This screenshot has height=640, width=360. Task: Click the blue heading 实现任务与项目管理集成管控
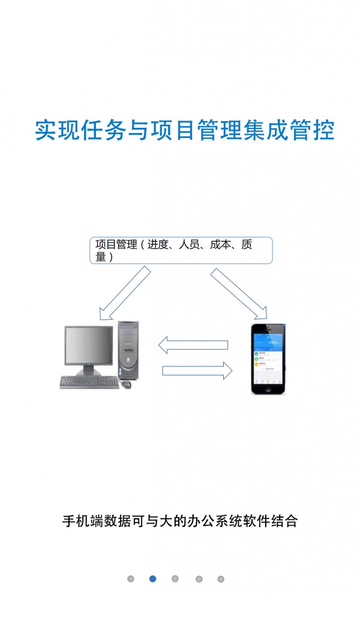pyautogui.click(x=184, y=131)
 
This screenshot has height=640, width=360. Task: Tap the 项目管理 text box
pyautogui.click(x=181, y=250)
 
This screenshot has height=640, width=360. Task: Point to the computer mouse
pyautogui.click(x=127, y=384)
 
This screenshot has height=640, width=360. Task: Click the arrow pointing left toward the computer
pyautogui.click(x=193, y=345)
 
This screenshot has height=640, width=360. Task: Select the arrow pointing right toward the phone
pyautogui.click(x=197, y=370)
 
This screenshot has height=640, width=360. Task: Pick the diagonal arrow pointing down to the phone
pyautogui.click(x=238, y=293)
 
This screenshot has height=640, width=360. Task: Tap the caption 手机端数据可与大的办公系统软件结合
pyautogui.click(x=180, y=521)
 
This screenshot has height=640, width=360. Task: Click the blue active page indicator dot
pyautogui.click(x=152, y=579)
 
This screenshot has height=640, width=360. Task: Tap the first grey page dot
pyautogui.click(x=130, y=579)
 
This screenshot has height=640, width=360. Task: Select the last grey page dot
pyautogui.click(x=221, y=579)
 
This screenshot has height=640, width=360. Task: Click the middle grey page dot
pyautogui.click(x=175, y=579)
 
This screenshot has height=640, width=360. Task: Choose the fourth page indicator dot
pyautogui.click(x=199, y=579)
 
